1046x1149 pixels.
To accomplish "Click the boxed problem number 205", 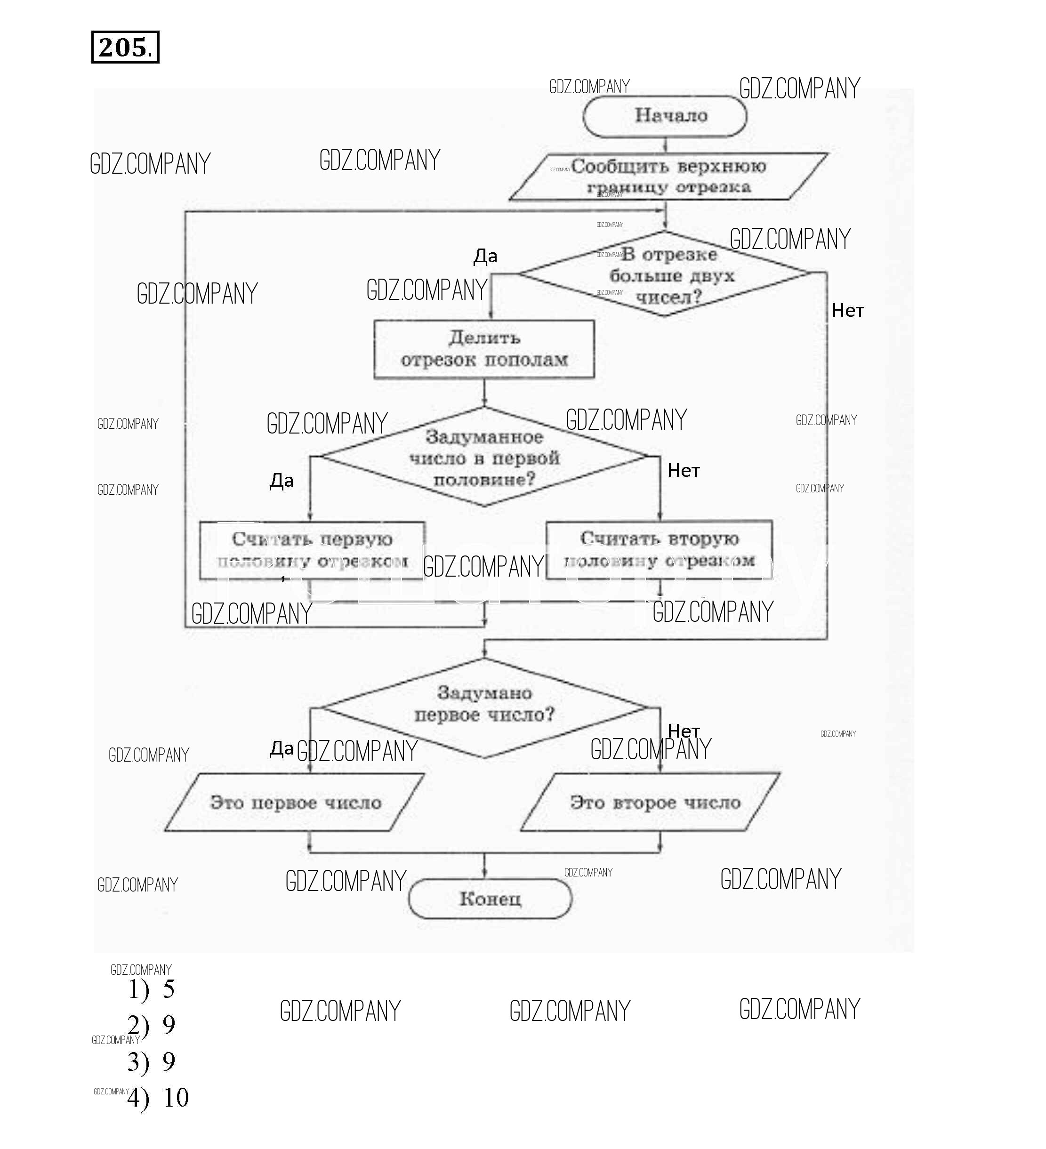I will (125, 47).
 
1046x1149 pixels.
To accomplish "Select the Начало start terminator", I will (665, 116).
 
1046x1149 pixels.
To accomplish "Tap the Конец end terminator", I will (490, 899).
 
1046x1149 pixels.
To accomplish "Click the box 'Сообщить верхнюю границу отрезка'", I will (668, 177).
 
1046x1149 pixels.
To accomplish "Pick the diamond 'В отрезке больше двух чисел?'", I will (665, 274).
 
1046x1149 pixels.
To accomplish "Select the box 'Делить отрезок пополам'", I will (484, 349).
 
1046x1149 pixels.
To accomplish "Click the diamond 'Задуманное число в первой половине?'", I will (484, 458).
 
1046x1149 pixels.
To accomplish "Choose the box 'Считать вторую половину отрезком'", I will (659, 549).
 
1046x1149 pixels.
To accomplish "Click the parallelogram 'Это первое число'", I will (295, 803).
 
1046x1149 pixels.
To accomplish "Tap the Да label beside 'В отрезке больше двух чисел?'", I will (485, 257).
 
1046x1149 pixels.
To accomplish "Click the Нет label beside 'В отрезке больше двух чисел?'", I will (848, 311).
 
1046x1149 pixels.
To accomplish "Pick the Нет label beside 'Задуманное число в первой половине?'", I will (684, 471).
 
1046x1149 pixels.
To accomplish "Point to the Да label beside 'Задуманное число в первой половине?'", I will (282, 481).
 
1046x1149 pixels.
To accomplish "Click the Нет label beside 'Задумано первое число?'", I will (684, 731).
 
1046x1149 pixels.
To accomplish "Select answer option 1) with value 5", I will (152, 989).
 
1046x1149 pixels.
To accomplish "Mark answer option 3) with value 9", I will (152, 1061).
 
